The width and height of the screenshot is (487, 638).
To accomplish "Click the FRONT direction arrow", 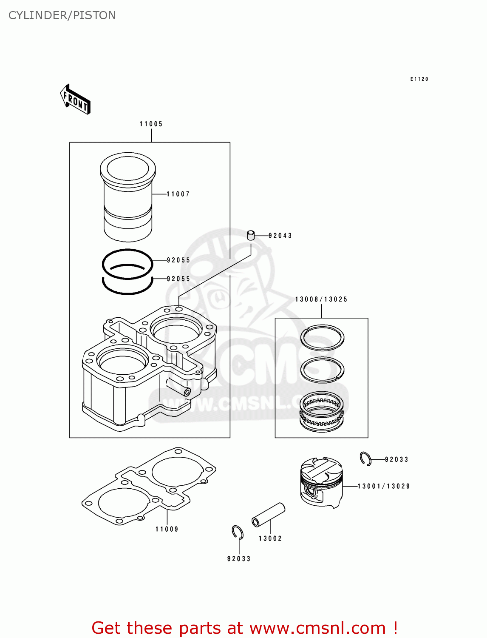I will (x=75, y=100).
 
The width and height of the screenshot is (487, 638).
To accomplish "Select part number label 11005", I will (x=151, y=124).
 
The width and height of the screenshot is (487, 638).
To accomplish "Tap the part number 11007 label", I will (x=178, y=194).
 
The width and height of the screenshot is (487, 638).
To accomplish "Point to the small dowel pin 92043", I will (x=251, y=235).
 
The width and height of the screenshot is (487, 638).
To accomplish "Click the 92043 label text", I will (x=280, y=236).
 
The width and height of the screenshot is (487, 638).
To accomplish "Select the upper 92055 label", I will (x=178, y=260).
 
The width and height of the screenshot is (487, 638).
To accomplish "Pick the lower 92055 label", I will (x=178, y=279).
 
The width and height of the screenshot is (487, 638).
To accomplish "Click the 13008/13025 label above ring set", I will (x=321, y=299).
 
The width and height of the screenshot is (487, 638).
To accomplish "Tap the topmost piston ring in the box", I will (x=322, y=337).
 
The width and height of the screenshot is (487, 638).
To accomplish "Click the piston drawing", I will (x=321, y=482).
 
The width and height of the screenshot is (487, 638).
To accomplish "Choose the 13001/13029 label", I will (x=384, y=486).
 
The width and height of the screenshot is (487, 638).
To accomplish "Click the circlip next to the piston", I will (x=365, y=459).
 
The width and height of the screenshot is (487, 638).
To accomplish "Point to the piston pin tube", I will (x=268, y=514).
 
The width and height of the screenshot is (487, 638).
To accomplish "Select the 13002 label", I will (x=270, y=538).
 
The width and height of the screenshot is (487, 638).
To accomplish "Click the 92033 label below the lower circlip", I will (x=239, y=558).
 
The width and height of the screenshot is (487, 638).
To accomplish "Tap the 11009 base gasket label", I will (x=167, y=529).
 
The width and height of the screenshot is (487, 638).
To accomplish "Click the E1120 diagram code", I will (x=419, y=79).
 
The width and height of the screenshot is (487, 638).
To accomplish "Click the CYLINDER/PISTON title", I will (x=62, y=15).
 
